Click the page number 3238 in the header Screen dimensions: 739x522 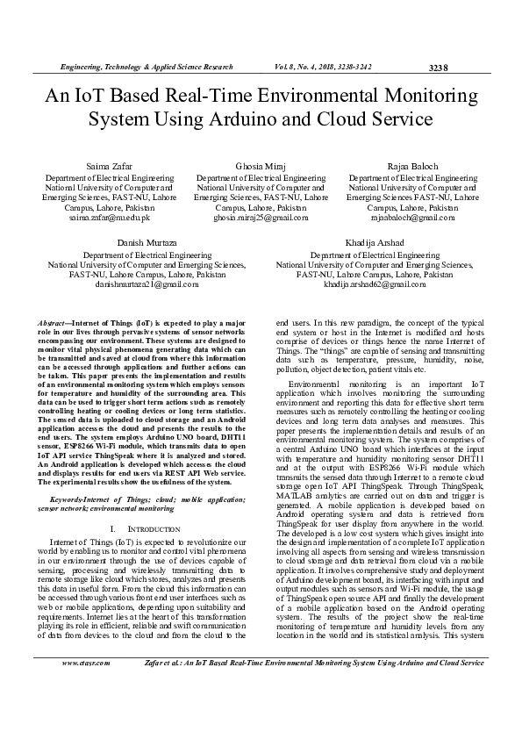pos(438,67)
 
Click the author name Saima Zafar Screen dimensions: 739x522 pos(110,166)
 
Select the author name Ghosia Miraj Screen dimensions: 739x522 pos(261,166)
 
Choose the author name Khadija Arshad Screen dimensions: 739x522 pos(375,241)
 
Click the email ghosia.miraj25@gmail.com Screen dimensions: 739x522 pos(261,218)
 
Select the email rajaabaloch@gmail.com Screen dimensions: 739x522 pos(412,218)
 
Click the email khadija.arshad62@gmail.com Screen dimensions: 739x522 pos(375,284)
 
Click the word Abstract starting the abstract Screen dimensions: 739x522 pos(61,324)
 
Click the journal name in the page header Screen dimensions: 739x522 pos(146,67)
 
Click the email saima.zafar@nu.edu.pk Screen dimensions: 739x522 pos(110,218)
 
